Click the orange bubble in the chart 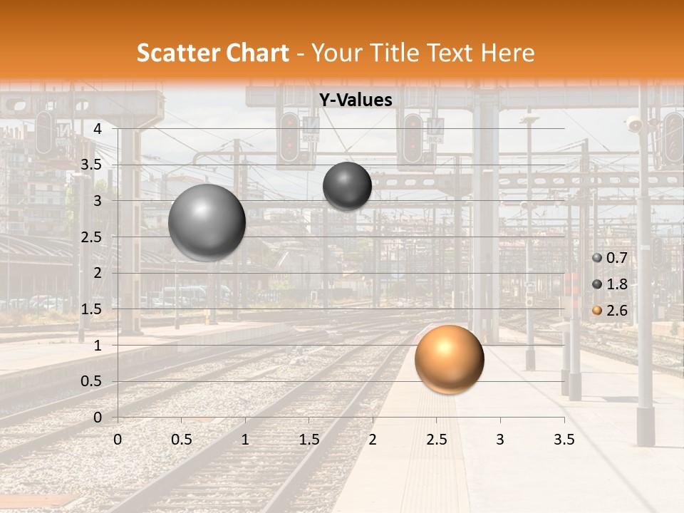pyautogui.click(x=449, y=359)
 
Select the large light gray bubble pyautogui.click(x=207, y=222)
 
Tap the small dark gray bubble pyautogui.click(x=347, y=186)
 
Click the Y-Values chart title pyautogui.click(x=355, y=100)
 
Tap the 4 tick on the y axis pyautogui.click(x=98, y=129)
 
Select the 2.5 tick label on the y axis pyautogui.click(x=91, y=237)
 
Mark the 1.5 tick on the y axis pyautogui.click(x=91, y=309)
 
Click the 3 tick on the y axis pyautogui.click(x=98, y=201)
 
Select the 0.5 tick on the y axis pyautogui.click(x=91, y=381)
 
